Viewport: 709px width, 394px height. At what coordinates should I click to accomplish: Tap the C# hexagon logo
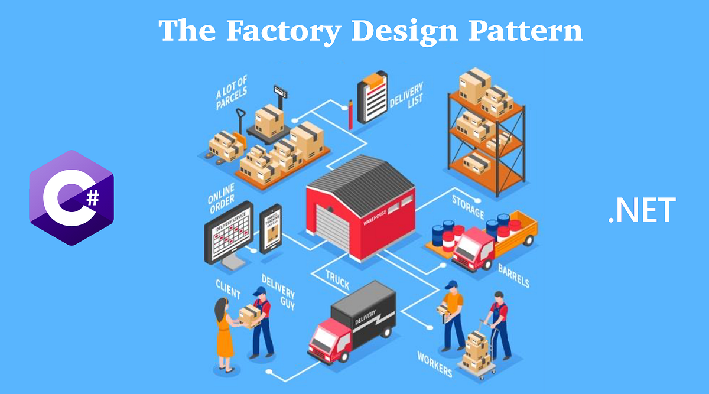tap(71, 197)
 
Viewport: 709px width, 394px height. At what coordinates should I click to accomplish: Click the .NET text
tap(641, 211)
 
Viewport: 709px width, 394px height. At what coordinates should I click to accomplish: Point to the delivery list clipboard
tap(372, 97)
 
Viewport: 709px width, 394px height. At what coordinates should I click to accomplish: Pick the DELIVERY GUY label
tap(278, 292)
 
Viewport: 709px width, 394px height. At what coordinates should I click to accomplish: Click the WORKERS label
tap(435, 364)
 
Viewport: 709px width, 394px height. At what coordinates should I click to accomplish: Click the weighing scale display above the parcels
tap(279, 92)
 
